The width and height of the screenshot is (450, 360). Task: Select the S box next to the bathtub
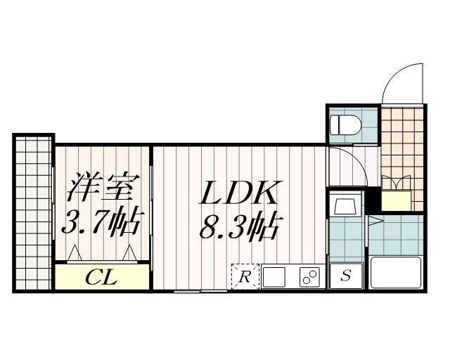tap(346, 276)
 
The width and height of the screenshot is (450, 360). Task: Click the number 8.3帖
tap(242, 226)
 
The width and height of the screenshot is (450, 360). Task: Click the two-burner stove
tap(309, 276)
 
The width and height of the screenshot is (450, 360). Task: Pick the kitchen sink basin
tap(274, 276)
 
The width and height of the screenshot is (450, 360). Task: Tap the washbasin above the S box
tap(345, 207)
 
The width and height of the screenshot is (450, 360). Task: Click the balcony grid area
tap(33, 211)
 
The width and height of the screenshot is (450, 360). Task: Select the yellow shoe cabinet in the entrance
tap(397, 200)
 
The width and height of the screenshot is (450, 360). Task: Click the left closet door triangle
tap(75, 252)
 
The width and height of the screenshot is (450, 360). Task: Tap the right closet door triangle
tap(129, 252)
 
